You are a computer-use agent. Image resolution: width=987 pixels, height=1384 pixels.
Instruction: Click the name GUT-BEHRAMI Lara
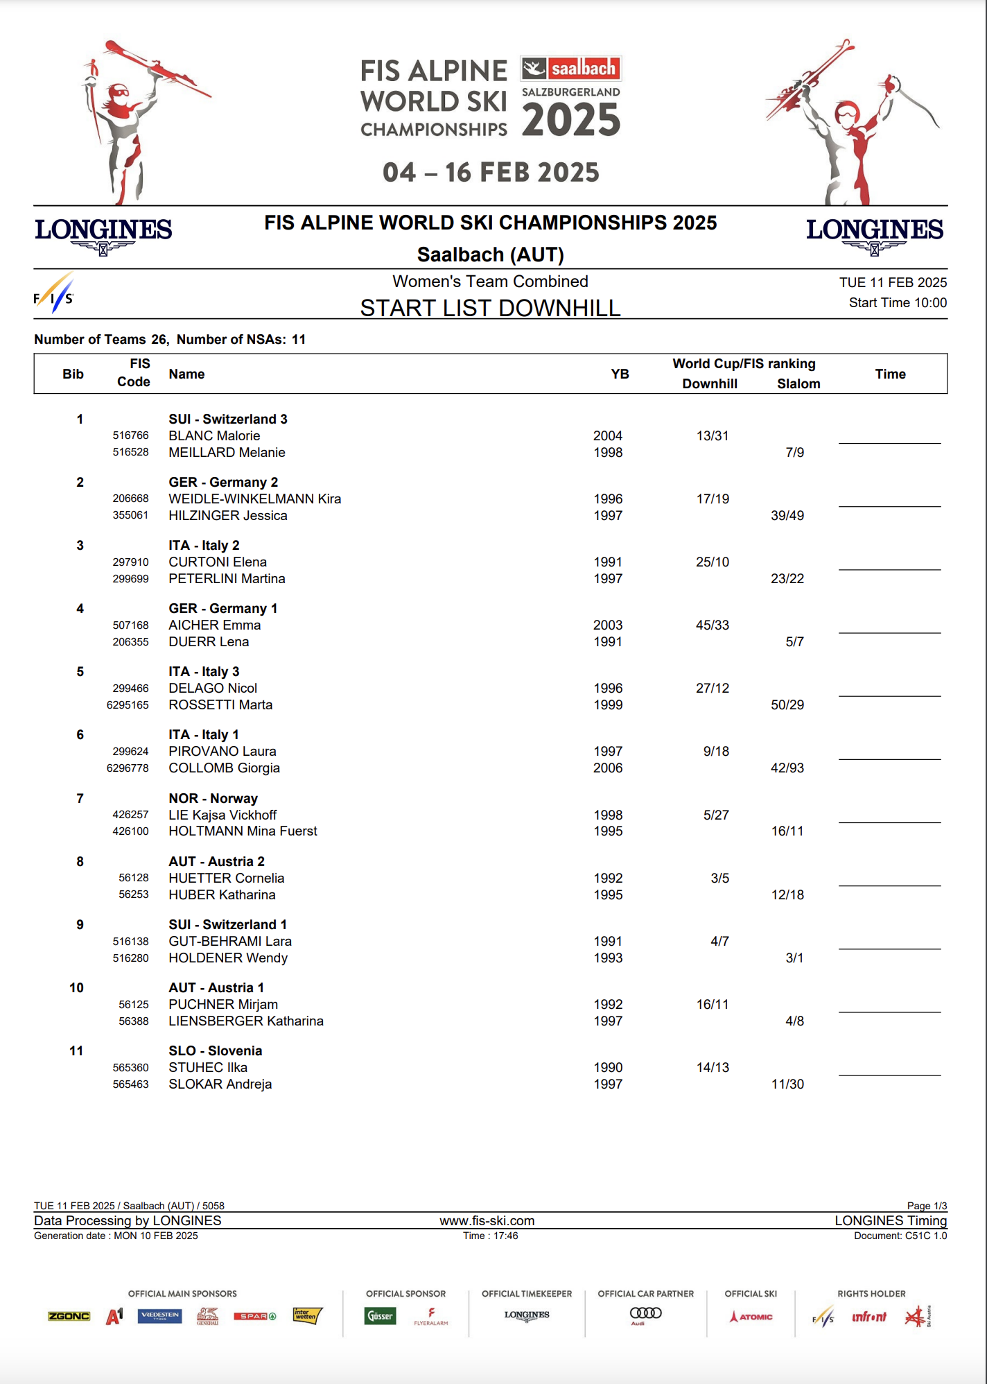pyautogui.click(x=229, y=941)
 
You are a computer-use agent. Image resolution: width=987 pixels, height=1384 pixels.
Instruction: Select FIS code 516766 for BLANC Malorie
pyautogui.click(x=130, y=435)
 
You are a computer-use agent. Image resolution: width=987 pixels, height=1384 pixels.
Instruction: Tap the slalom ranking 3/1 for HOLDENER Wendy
pyautogui.click(x=794, y=958)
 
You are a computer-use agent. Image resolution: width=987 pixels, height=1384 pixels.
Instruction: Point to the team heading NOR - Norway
pyautogui.click(x=213, y=798)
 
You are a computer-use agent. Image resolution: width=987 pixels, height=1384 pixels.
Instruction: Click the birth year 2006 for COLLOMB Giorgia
pyautogui.click(x=608, y=768)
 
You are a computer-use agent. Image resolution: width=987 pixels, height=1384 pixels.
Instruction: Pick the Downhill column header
pyautogui.click(x=709, y=383)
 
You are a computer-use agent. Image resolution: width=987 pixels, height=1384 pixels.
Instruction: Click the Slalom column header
pyautogui.click(x=798, y=383)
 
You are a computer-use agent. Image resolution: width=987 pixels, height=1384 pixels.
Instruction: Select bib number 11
pyautogui.click(x=76, y=1050)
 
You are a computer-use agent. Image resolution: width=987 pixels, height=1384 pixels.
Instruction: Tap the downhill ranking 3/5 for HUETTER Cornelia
pyautogui.click(x=719, y=878)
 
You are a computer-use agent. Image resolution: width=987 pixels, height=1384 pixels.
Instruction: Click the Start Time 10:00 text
pyautogui.click(x=898, y=302)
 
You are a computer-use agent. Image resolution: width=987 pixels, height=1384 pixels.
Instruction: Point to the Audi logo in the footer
pyautogui.click(x=645, y=1314)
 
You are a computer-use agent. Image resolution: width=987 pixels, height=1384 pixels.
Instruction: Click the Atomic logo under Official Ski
pyautogui.click(x=751, y=1316)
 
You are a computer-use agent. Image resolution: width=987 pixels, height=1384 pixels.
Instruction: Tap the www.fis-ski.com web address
pyautogui.click(x=487, y=1220)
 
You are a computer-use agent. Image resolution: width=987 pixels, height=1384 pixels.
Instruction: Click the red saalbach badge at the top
pyautogui.click(x=572, y=69)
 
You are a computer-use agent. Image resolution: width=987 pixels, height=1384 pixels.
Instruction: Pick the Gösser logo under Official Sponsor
pyautogui.click(x=380, y=1315)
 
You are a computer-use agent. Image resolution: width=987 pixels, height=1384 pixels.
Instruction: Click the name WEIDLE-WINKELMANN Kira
pyautogui.click(x=254, y=499)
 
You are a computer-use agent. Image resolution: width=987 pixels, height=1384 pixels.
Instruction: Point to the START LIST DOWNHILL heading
pyautogui.click(x=490, y=308)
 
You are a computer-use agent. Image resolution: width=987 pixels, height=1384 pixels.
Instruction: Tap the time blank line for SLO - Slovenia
pyautogui.click(x=889, y=1074)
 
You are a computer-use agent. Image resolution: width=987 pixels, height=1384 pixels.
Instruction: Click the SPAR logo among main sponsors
pyautogui.click(x=254, y=1316)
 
